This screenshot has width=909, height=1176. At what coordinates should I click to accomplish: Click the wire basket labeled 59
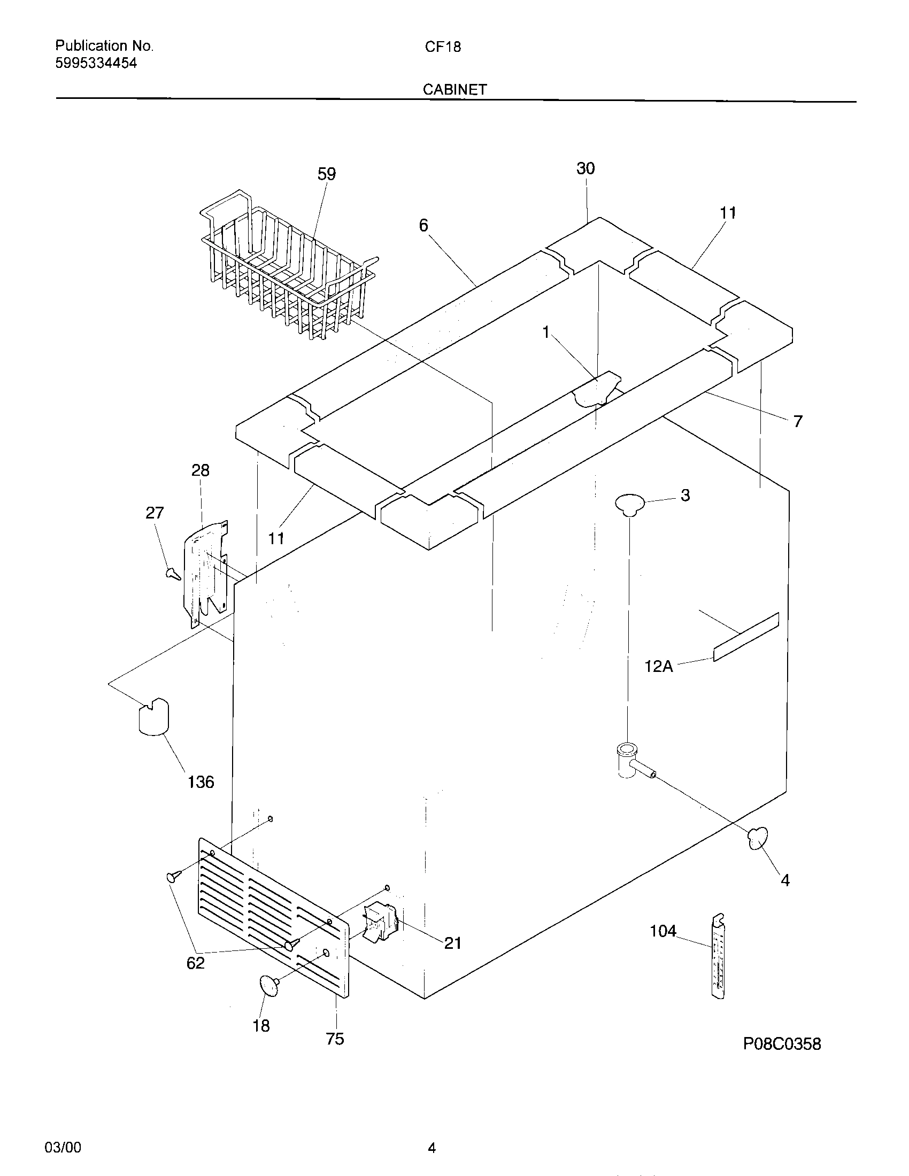(286, 269)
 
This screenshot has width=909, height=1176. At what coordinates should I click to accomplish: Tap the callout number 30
(586, 168)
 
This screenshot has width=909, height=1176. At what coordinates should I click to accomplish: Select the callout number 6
(423, 225)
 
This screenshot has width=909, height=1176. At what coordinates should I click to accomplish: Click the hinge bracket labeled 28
(207, 574)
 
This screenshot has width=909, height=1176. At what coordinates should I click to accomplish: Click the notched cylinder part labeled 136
(153, 716)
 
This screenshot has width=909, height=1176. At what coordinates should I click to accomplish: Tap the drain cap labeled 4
(757, 838)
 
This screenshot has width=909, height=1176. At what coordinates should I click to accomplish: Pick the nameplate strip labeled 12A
(746, 637)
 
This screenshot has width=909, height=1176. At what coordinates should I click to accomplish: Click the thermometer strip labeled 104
(717, 956)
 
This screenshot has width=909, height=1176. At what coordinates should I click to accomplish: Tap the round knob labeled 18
(269, 984)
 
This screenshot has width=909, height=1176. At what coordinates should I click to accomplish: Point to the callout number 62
(196, 962)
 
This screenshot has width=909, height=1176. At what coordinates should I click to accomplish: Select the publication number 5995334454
(96, 63)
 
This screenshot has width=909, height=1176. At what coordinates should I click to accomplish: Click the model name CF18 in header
(443, 47)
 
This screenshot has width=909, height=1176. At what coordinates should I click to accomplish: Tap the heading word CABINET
(454, 89)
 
